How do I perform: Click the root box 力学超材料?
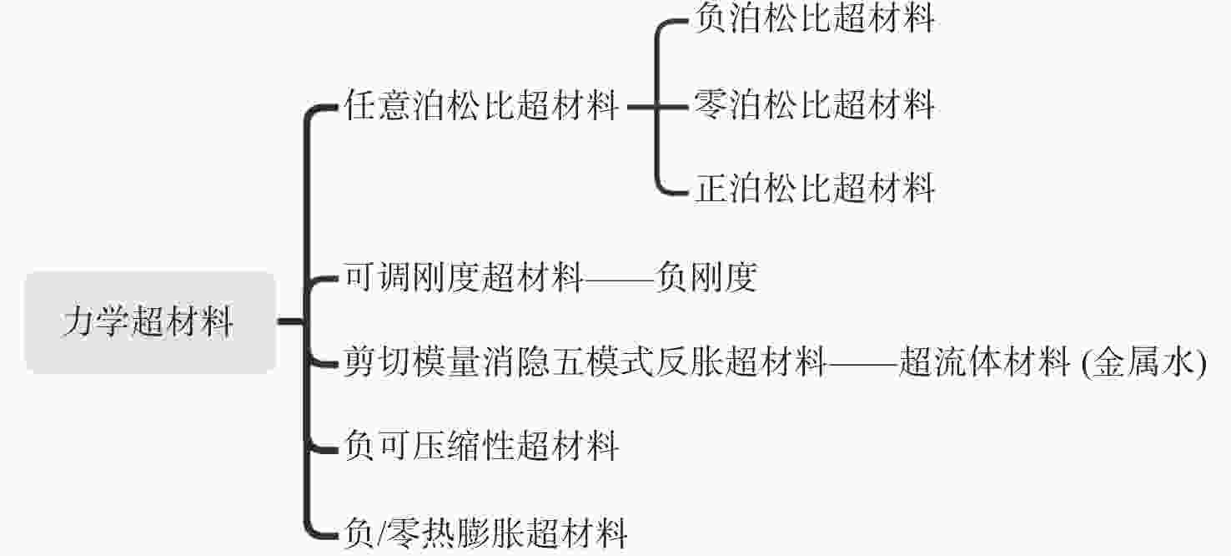(150, 322)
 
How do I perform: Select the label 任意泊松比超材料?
(481, 105)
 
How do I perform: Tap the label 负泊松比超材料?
(815, 18)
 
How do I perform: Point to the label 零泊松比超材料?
(815, 104)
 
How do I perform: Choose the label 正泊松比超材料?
(815, 188)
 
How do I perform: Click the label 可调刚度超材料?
(464, 276)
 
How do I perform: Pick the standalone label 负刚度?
(706, 276)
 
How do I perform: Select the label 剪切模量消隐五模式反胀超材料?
(585, 361)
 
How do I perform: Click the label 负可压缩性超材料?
(481, 446)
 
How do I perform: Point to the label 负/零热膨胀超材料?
(485, 533)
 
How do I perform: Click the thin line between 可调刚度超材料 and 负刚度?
(620, 280)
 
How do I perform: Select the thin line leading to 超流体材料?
(863, 364)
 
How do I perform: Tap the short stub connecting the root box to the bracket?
(291, 321)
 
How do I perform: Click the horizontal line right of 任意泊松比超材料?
(658, 107)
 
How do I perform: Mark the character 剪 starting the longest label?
(360, 361)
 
